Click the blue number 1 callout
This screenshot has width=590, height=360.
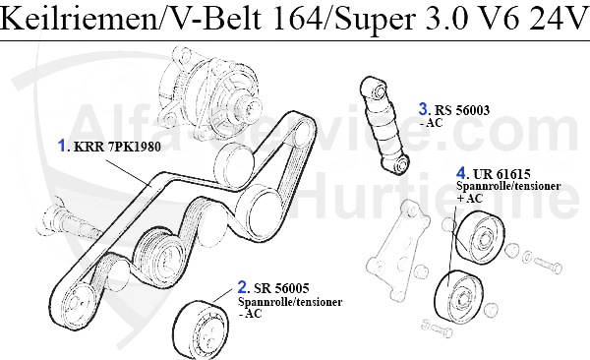pyautogui.click(x=62, y=149)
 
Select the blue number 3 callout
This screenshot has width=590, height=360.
pyautogui.click(x=423, y=108)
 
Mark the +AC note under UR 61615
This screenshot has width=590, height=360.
pyautogui.click(x=471, y=199)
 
